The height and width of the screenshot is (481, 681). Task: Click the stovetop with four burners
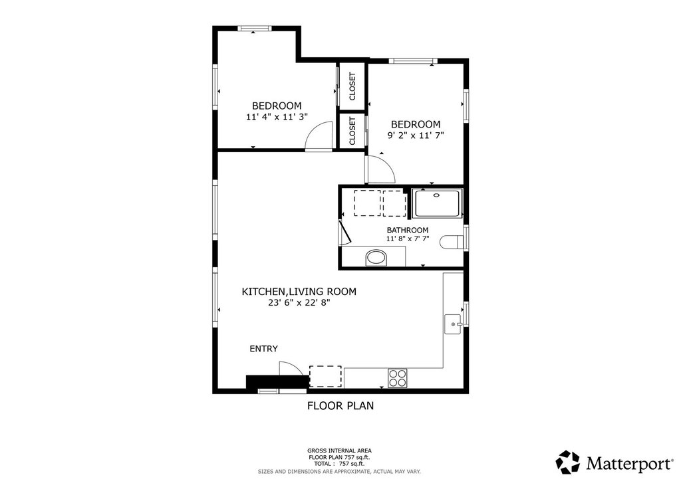(x=398, y=377)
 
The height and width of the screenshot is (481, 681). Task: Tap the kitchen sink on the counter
(x=454, y=324)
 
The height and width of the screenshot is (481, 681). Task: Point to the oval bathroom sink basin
(x=376, y=258)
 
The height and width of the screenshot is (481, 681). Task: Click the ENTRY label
(x=263, y=349)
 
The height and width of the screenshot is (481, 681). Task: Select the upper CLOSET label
(x=352, y=86)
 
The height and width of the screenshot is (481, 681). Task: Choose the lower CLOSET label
(x=352, y=131)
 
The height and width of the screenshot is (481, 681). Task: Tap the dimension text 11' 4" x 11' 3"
(x=277, y=117)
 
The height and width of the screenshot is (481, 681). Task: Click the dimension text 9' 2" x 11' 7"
(x=416, y=136)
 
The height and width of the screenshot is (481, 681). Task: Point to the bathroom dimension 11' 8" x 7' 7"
(x=408, y=238)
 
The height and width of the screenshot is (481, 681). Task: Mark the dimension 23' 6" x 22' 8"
(x=299, y=303)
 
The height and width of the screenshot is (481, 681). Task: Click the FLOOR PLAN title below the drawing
(x=340, y=405)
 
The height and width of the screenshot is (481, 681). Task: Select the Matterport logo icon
(x=568, y=462)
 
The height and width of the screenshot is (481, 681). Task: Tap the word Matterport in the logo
(x=628, y=463)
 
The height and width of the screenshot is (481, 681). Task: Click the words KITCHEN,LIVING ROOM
(x=299, y=292)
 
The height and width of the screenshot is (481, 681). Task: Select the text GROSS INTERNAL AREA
(x=339, y=450)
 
